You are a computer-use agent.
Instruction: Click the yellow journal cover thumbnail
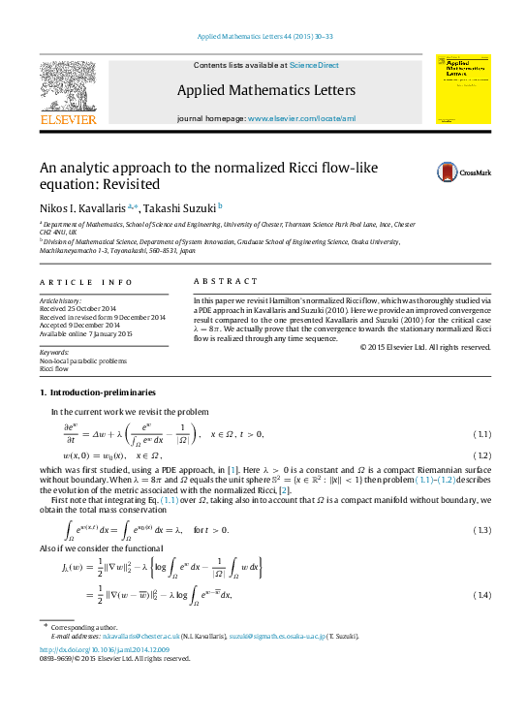461,87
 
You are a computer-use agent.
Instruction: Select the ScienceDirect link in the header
315,65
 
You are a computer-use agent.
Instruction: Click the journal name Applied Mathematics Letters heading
265,91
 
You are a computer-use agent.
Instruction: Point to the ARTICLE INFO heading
86,282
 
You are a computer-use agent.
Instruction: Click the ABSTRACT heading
221,282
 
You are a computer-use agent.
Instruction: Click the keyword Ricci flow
54,369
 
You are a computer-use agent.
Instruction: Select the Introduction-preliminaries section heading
97,391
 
